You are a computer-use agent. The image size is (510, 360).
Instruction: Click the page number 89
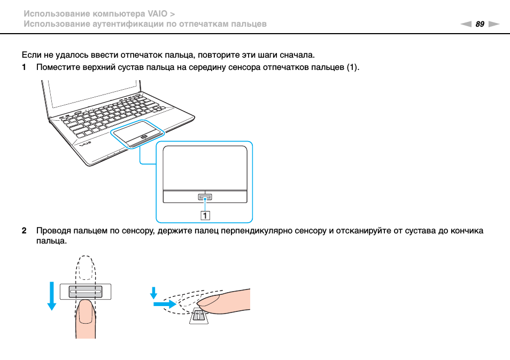click(x=480, y=24)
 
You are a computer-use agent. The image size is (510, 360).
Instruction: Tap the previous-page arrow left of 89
click(x=466, y=25)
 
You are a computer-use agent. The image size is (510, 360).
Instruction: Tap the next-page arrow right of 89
click(x=493, y=25)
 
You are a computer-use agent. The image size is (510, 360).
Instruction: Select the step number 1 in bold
click(x=24, y=67)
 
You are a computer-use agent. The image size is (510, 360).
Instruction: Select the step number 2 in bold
click(x=24, y=231)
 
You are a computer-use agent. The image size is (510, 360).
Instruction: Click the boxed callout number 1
click(x=205, y=215)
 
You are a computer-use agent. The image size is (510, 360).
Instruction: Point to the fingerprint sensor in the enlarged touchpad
click(x=205, y=197)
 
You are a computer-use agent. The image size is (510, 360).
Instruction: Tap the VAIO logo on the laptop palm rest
click(x=80, y=143)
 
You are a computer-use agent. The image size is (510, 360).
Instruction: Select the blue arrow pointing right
click(x=164, y=304)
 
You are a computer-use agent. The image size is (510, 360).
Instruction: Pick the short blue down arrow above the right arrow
click(x=154, y=293)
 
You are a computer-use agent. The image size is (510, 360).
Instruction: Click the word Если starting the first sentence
click(x=31, y=55)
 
